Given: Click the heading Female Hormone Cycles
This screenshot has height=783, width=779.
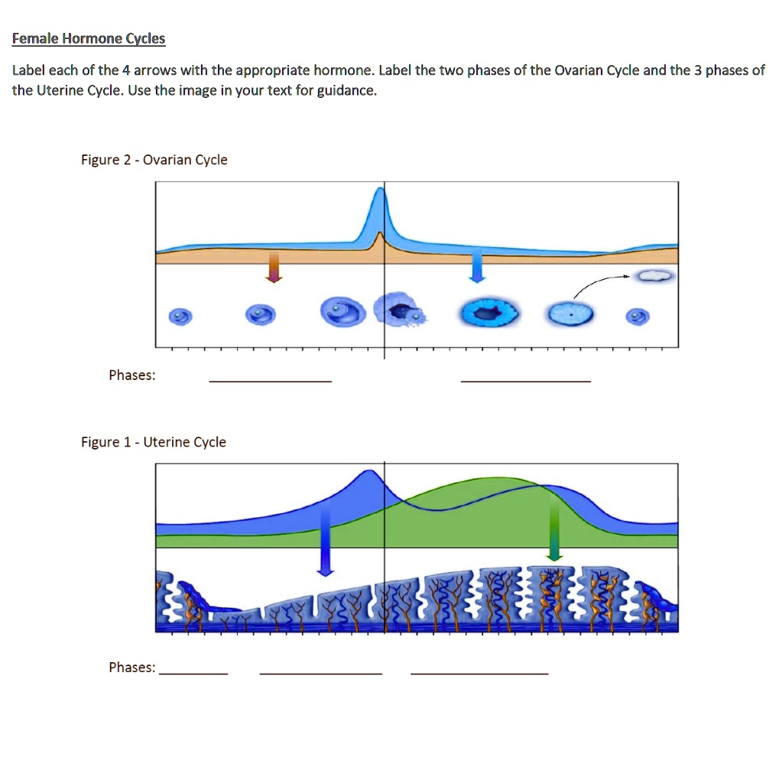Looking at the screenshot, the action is click(89, 38).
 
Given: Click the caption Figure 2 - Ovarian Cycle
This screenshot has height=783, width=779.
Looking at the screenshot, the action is click(154, 160).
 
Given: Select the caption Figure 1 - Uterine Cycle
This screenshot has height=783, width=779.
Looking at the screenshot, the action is click(154, 442).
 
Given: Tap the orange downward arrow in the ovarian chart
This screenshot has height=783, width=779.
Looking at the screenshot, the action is click(273, 267).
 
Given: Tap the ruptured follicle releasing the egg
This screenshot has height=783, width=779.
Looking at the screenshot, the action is click(401, 311).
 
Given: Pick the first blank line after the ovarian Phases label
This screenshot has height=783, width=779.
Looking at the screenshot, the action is click(270, 380).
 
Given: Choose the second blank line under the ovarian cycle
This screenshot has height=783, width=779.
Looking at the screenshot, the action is click(525, 380).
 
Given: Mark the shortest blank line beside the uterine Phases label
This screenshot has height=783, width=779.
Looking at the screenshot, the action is click(193, 673).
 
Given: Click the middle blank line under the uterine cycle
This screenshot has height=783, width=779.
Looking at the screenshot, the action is click(320, 673).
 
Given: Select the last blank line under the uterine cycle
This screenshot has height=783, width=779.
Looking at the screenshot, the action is click(479, 673).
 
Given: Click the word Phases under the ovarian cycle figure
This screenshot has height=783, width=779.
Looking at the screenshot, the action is click(131, 375).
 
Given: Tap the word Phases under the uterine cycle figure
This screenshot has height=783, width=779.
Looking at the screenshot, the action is click(131, 668).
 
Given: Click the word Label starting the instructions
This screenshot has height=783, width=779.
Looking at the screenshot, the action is click(28, 70).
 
